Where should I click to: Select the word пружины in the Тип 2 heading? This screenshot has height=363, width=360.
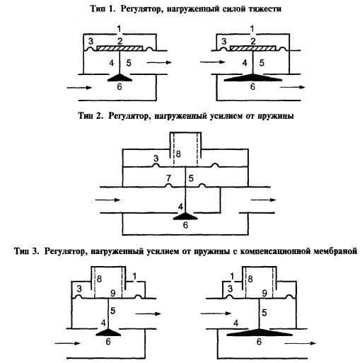275,117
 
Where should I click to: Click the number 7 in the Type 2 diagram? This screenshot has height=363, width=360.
168,178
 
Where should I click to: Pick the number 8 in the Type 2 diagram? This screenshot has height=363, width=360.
178,154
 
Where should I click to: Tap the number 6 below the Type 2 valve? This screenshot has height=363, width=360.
185,225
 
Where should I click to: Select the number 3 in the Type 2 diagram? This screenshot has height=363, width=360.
156,159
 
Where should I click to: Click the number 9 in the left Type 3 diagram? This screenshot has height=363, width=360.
113,293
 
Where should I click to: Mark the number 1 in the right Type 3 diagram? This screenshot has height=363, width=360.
232,276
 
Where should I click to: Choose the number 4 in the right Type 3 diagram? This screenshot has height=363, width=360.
236,323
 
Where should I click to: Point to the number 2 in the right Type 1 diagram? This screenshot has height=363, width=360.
253,41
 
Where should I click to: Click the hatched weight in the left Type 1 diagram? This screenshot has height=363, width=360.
120,48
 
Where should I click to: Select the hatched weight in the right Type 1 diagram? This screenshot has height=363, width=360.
253,48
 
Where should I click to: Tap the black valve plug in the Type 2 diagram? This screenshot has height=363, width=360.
185,217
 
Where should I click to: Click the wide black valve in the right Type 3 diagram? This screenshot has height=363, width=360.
259,333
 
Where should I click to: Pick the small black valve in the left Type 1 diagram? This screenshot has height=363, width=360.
120,78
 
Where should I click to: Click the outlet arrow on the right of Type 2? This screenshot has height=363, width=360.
263,200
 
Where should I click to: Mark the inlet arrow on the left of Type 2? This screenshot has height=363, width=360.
108,200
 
